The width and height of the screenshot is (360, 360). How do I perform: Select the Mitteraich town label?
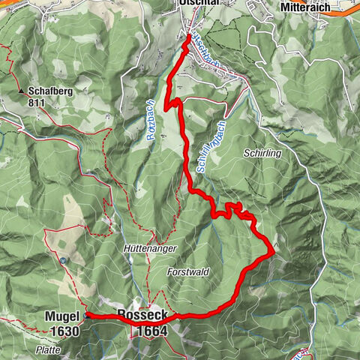point(307,7)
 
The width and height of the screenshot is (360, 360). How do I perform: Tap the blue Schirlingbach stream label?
point(211,146)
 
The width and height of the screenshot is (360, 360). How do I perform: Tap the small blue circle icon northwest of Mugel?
point(64,261)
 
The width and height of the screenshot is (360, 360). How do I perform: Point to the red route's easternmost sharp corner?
point(271,253)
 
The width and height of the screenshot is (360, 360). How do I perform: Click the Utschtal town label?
point(198,4)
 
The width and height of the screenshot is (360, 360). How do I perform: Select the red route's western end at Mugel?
point(88,316)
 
